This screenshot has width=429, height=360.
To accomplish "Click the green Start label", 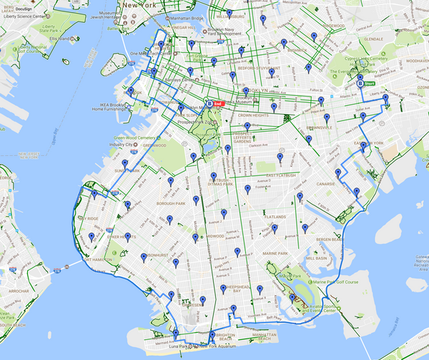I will coord(370,84).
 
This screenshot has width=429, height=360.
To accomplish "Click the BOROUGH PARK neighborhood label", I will coord(170,203).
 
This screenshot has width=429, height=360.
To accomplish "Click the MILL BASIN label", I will coord(316,257).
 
